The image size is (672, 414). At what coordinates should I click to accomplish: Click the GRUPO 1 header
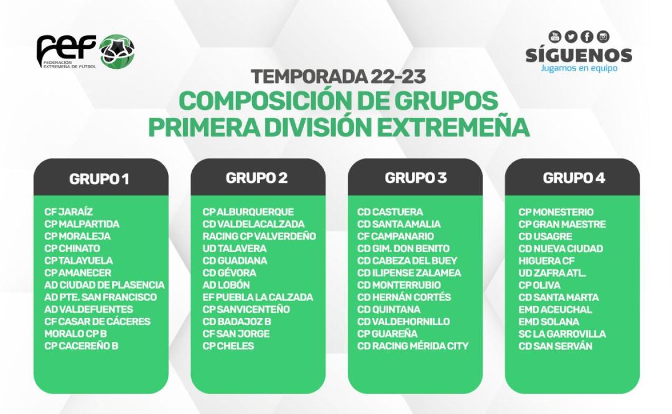pos(100,179)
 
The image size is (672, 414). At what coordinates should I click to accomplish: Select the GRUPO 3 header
pos(415,178)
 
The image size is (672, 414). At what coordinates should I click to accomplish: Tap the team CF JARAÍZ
pos(68,212)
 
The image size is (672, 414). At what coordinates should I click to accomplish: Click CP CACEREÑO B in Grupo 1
pos(81,346)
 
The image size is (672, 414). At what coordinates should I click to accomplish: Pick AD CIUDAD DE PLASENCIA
pos(104,285)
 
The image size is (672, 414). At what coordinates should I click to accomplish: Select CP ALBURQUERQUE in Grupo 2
pos(248,212)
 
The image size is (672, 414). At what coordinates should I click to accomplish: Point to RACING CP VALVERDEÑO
pos(259,236)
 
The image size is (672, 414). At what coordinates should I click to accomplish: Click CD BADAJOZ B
pos(236,322)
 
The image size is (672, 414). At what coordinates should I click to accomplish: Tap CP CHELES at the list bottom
pos(228,346)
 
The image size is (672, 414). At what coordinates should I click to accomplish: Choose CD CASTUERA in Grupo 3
pos(390,212)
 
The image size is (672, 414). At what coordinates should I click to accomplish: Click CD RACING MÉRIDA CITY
pos(412,346)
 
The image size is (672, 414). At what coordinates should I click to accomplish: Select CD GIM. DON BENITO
pos(403,248)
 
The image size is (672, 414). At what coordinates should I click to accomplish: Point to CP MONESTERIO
pos(556,212)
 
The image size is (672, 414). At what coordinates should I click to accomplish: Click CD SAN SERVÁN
pos(555,346)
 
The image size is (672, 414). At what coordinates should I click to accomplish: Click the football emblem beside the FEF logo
pos(117,52)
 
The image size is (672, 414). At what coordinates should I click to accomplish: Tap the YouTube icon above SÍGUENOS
pos(555,37)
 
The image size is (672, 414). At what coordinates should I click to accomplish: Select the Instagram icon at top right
pos(603,37)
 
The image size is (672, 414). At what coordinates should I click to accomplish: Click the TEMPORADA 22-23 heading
pos(338,77)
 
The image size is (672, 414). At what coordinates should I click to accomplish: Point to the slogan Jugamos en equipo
pos(579,68)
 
